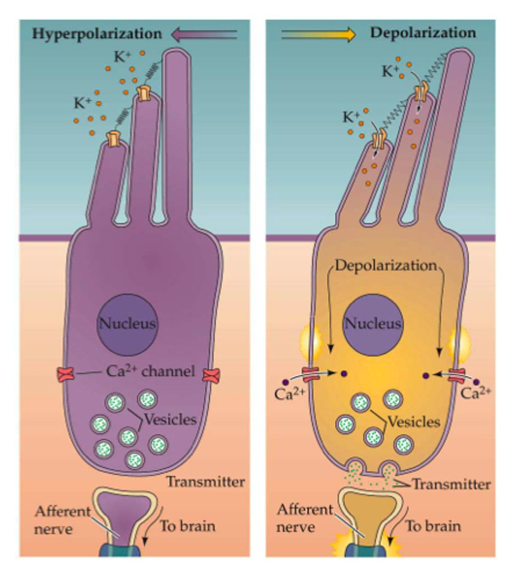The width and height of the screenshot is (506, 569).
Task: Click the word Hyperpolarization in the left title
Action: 97,34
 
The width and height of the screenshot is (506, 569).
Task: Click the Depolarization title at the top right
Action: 423,33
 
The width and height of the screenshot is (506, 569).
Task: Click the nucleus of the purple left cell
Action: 127,324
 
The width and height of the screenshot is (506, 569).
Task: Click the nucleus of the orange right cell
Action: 373,324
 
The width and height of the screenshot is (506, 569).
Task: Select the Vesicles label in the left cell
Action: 170,420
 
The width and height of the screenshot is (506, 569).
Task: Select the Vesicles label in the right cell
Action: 414,421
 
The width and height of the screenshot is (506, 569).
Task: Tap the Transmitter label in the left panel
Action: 205,482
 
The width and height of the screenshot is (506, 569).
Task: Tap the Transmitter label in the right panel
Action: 451,484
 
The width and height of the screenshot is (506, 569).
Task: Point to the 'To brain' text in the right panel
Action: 433,526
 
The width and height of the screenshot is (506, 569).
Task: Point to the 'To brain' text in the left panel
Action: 187,526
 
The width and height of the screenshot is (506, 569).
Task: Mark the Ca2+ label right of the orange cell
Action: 476,393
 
